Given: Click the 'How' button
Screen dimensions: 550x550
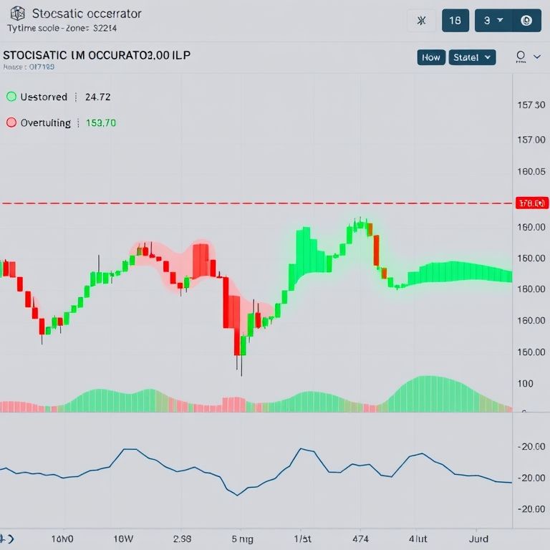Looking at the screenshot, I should pyautogui.click(x=431, y=57).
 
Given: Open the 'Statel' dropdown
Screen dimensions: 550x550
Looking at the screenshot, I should pyautogui.click(x=472, y=57).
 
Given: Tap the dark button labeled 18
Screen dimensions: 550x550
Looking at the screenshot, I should pyautogui.click(x=455, y=21).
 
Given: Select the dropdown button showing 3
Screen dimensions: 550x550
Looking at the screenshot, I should pyautogui.click(x=493, y=21).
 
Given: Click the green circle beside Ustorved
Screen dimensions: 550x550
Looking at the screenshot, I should pyautogui.click(x=11, y=97).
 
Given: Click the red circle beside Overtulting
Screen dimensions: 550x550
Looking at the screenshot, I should pyautogui.click(x=11, y=122).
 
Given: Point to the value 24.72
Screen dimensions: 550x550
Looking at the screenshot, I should pyautogui.click(x=97, y=97).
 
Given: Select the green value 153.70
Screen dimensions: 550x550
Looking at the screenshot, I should pyautogui.click(x=101, y=122).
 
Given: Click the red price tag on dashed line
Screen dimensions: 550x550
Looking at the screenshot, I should pyautogui.click(x=531, y=203).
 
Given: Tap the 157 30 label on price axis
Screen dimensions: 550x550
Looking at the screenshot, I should pyautogui.click(x=531, y=105).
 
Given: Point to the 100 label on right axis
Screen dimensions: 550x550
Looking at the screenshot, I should pyautogui.click(x=525, y=383).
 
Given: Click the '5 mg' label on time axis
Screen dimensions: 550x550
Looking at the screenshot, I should pyautogui.click(x=243, y=537).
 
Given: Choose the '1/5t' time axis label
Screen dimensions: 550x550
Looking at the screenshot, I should pyautogui.click(x=303, y=537).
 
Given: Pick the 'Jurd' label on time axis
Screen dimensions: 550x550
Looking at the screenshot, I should pyautogui.click(x=478, y=537).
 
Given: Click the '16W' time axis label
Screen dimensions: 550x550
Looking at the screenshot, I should pyautogui.click(x=123, y=537).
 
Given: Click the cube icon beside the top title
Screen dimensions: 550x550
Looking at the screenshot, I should pyautogui.click(x=18, y=14).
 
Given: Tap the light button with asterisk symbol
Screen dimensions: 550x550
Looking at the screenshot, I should pyautogui.click(x=421, y=21).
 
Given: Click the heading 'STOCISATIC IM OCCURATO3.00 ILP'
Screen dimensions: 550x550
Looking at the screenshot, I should pyautogui.click(x=97, y=55).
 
